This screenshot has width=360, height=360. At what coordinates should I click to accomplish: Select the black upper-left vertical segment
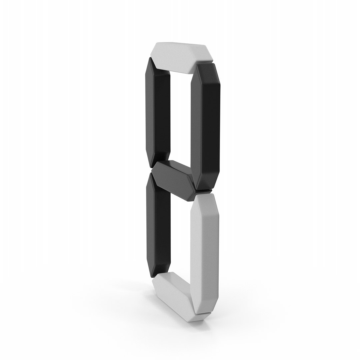(158, 110)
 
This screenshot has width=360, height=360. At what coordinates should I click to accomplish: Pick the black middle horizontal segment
(173, 178)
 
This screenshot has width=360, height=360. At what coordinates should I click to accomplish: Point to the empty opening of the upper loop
(180, 117)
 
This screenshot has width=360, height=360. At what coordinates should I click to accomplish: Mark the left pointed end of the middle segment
(152, 171)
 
